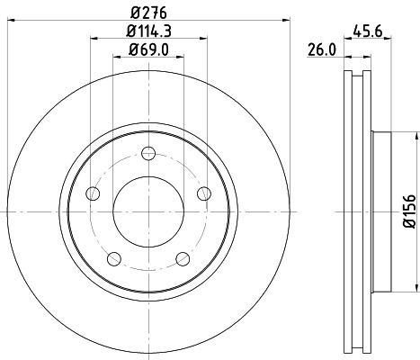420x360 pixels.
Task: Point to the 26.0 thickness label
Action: point(321,50)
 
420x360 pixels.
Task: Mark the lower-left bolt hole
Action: point(115,259)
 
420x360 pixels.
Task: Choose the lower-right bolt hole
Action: point(183,259)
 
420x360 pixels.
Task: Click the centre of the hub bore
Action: point(149,211)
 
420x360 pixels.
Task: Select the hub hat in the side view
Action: point(382,211)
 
